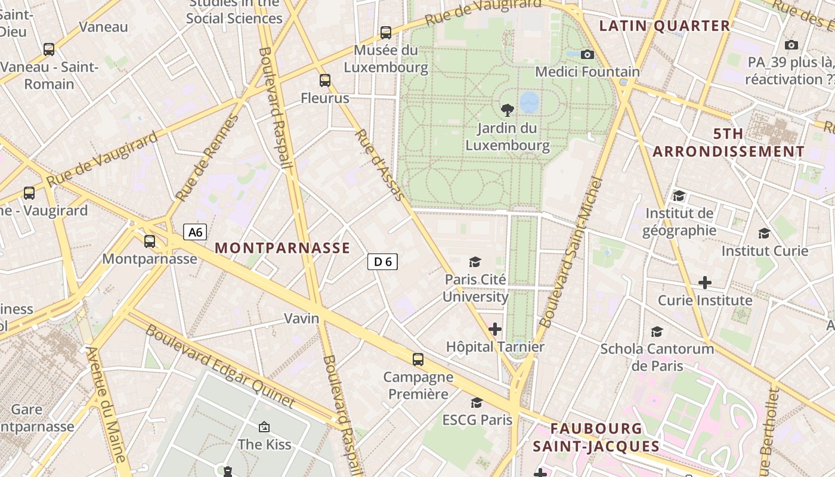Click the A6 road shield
[x=195, y=232]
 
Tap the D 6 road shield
[x=382, y=261]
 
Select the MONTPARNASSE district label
[x=282, y=248]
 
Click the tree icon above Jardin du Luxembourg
[x=508, y=109]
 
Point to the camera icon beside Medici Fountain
[x=587, y=54]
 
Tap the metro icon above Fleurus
[x=325, y=80]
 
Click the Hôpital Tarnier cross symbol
[x=495, y=329]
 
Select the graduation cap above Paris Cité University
[x=475, y=262]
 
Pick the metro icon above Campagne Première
[x=418, y=359]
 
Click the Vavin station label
[x=301, y=318]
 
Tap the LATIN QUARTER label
[x=664, y=26]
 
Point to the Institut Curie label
[x=765, y=250]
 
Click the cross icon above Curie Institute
[x=705, y=282]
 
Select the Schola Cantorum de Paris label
[x=657, y=357]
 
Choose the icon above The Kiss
[x=264, y=426]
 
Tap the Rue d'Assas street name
[x=380, y=165]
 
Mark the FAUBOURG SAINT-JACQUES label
[x=596, y=437]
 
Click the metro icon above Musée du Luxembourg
[x=386, y=32]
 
